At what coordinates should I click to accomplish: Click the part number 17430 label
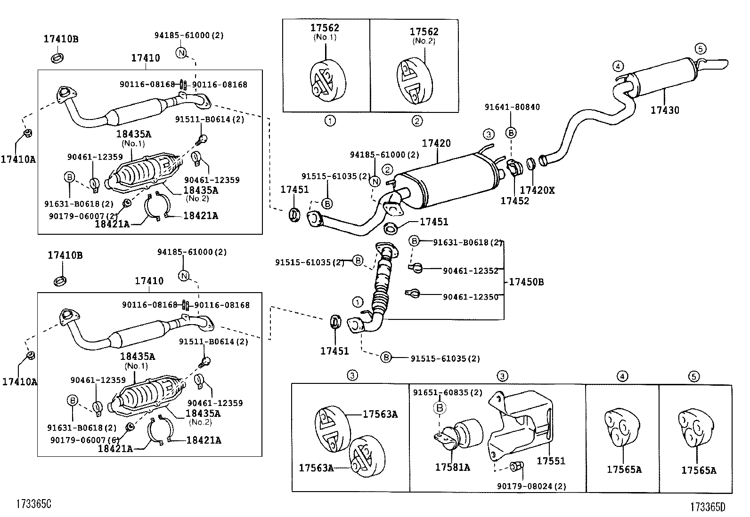point(665,111)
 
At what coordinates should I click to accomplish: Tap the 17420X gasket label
point(537,190)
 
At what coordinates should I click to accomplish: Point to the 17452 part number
point(514,201)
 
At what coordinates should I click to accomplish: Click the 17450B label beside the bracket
point(526,282)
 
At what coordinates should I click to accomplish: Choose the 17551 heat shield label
point(551,461)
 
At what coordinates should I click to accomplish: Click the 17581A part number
point(452,467)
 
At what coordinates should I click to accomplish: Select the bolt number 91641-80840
point(512,107)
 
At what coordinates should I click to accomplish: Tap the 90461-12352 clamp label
point(470,270)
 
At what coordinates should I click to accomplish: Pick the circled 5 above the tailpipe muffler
point(700,48)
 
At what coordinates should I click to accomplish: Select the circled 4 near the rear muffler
point(618,66)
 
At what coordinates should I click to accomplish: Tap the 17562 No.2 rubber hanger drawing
point(415,80)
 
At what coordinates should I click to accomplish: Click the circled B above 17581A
point(440,408)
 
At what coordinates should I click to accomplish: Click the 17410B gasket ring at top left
point(57,58)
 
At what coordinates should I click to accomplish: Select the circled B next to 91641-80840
point(511,133)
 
